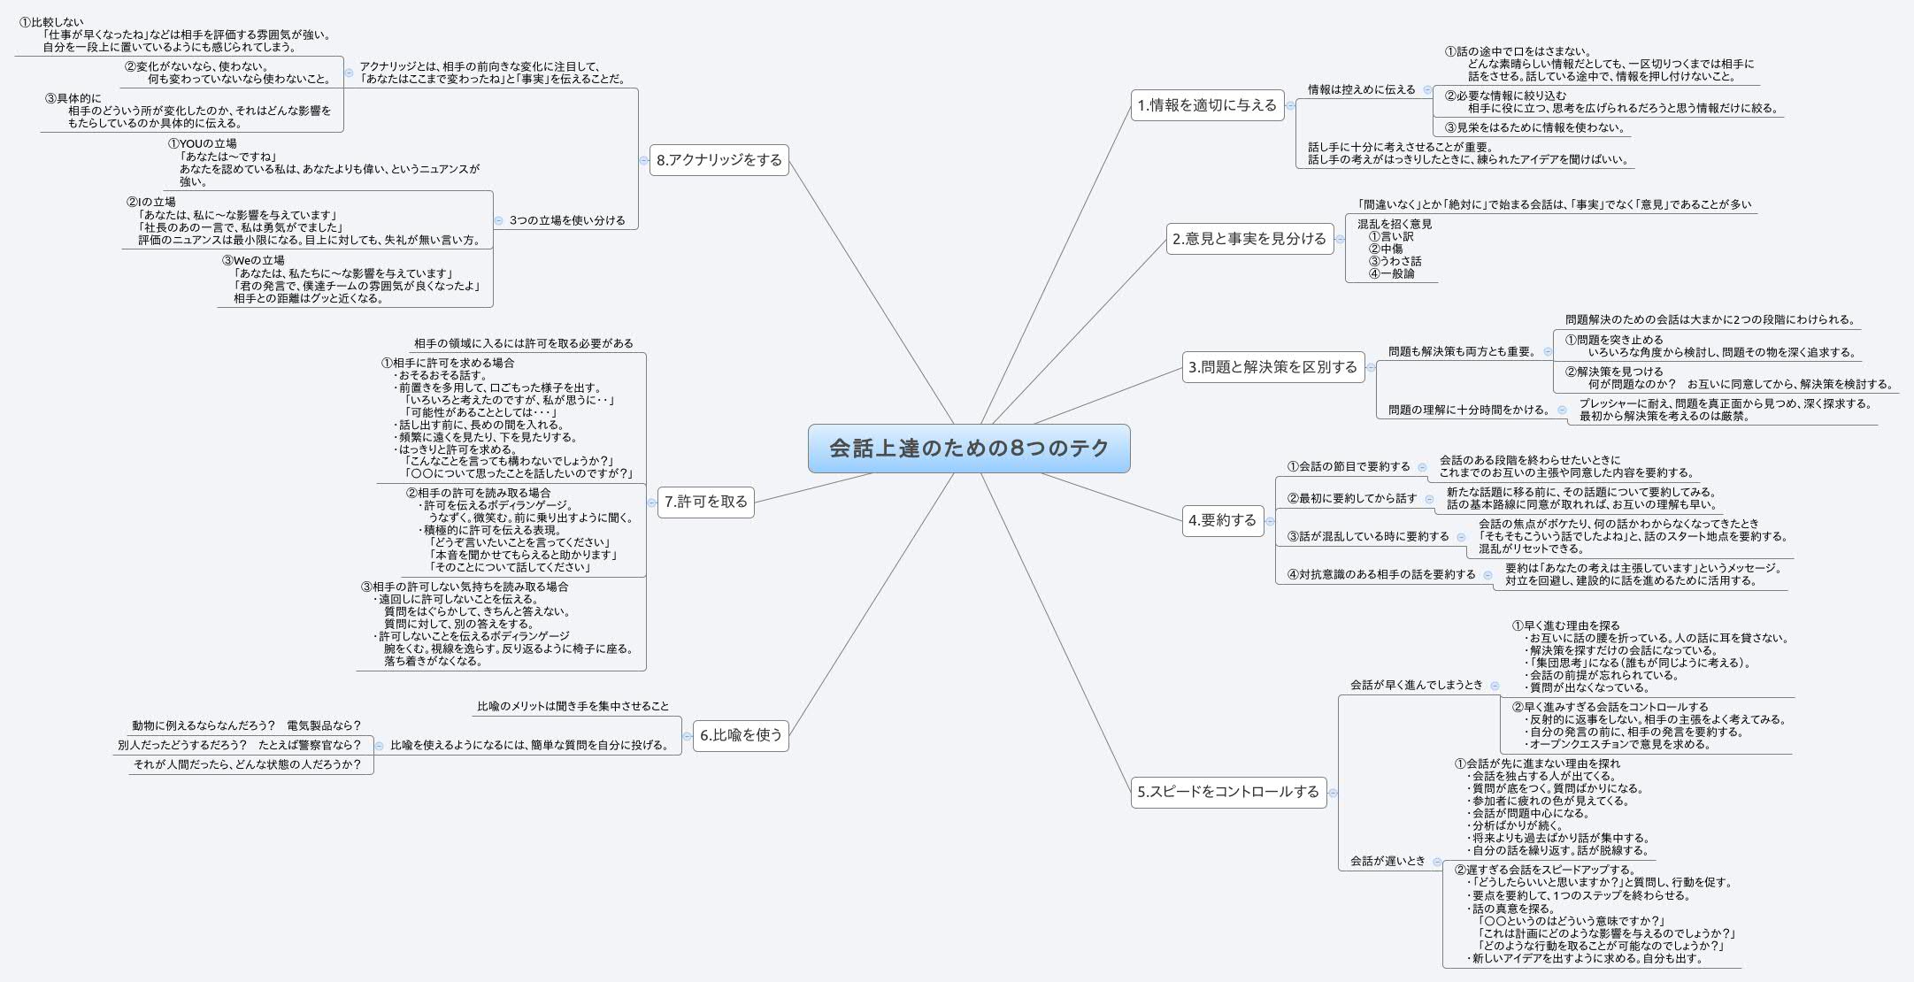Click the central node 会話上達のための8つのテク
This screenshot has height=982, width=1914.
pos(969,449)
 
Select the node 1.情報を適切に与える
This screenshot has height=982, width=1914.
pos(1207,105)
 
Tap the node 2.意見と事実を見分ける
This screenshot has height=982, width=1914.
pos(1249,238)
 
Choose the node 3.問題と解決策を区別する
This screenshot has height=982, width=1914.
pos(1272,367)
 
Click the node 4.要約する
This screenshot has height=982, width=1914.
pos(1223,520)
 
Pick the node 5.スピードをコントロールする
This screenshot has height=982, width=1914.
pos(1228,792)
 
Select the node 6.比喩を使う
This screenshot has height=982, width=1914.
pos(741,735)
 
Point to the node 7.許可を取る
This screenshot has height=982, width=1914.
pos(705,502)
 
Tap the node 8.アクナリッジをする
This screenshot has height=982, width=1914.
pos(719,160)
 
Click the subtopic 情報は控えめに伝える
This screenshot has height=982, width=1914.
pos(1361,89)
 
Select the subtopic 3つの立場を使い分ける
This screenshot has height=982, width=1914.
pos(567,220)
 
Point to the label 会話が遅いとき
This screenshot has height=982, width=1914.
pos(1387,861)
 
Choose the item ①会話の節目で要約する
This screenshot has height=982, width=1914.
pos(1349,466)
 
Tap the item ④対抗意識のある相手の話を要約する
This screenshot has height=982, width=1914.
pos(1381,574)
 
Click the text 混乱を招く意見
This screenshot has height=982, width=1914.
pos(1395,224)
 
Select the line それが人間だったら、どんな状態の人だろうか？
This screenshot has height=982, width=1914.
pos(247,764)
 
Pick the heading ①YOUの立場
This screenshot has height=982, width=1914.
pos(203,143)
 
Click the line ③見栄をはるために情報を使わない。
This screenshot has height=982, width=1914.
pos(1534,127)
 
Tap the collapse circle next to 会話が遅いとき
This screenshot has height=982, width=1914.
pos(1437,862)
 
